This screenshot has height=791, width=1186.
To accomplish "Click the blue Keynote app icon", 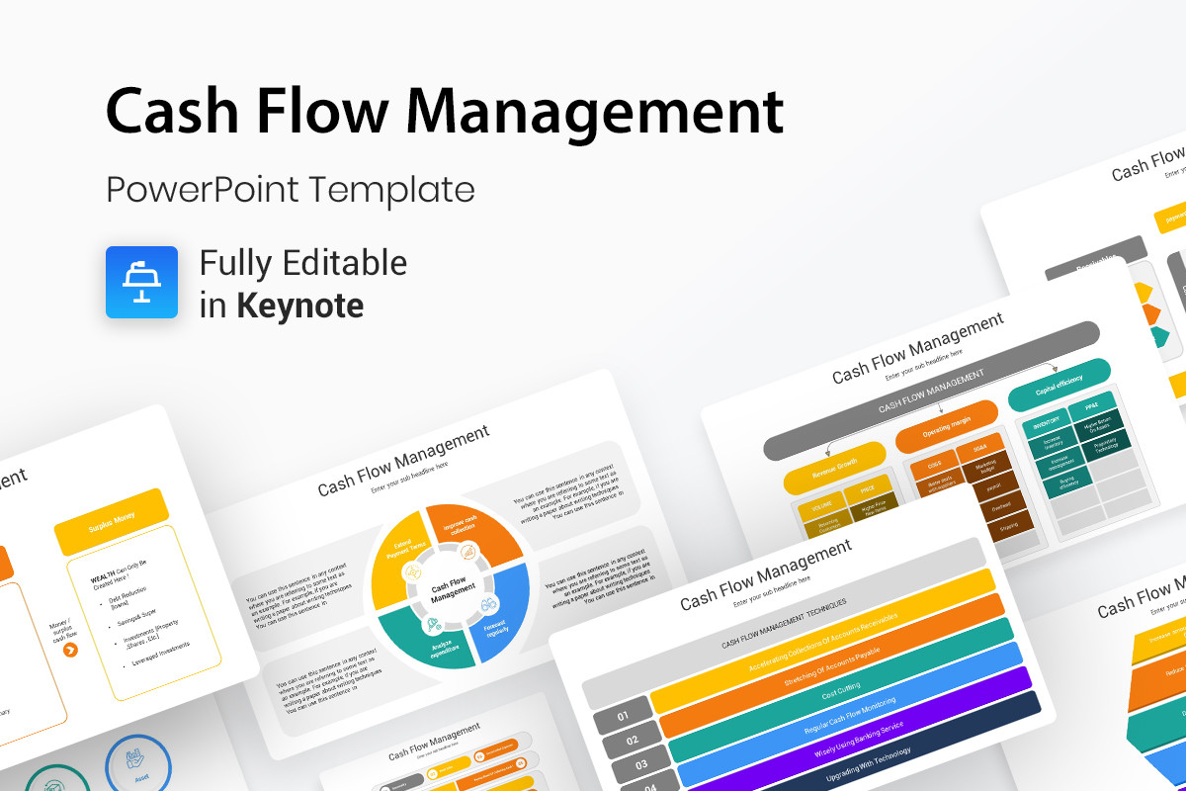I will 141,282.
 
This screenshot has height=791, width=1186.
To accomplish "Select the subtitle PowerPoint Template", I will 290,189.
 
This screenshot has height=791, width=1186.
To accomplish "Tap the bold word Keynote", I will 299,305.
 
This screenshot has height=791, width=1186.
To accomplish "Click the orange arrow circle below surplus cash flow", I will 70,649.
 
